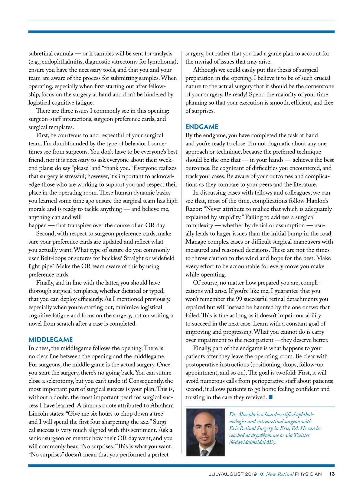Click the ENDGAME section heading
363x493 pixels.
(202, 127)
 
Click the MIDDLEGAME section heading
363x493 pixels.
(51, 339)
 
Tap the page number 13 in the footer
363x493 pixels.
(332, 474)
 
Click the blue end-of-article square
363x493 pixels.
(271, 397)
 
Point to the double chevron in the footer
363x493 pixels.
(262, 474)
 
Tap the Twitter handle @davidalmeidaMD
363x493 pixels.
(253, 442)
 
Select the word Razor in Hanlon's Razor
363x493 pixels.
(194, 209)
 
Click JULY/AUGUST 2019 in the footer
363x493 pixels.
(233, 474)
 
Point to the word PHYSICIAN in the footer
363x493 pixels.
(308, 474)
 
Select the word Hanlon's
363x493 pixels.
(317, 201)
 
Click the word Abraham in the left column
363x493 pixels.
(162, 405)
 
